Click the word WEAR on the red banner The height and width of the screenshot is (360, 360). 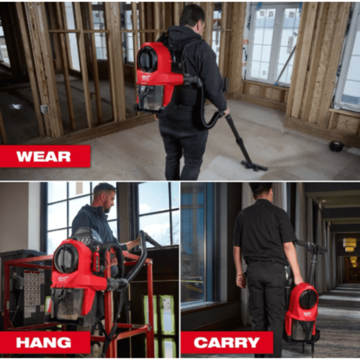[43, 156]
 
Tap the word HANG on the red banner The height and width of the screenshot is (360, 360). [43, 343]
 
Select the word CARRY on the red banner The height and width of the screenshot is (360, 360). [227, 343]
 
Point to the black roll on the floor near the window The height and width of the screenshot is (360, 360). [336, 145]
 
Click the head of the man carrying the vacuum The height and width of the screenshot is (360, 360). [261, 192]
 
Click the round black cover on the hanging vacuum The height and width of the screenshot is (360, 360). [66, 260]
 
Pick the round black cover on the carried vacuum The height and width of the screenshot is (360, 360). [307, 300]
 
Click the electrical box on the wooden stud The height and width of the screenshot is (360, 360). [45, 109]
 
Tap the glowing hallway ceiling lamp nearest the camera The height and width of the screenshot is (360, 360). [349, 245]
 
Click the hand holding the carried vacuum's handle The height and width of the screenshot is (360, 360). [298, 279]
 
